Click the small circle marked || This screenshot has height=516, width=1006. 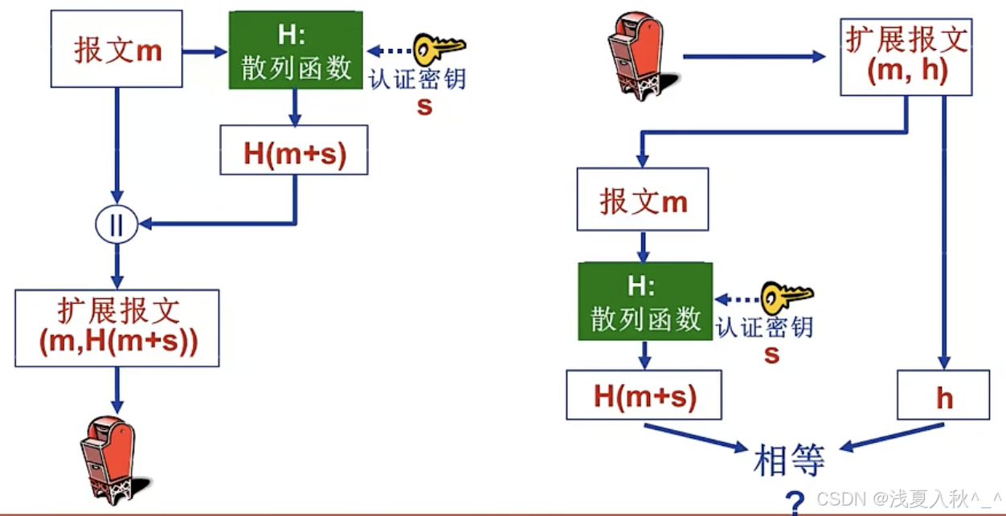tap(117, 224)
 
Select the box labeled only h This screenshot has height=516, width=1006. tap(944, 395)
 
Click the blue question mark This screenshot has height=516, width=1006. tap(795, 502)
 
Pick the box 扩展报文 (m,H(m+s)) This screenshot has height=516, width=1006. tap(117, 328)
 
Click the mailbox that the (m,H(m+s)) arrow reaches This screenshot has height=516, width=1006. tap(109, 457)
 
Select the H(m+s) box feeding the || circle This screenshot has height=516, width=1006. tap(294, 149)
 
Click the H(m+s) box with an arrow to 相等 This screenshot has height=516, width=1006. tap(644, 395)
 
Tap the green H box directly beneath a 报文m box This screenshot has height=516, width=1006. tap(645, 301)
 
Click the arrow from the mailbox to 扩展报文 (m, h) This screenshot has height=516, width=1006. tap(754, 57)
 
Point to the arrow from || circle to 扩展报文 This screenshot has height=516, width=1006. tap(117, 264)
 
